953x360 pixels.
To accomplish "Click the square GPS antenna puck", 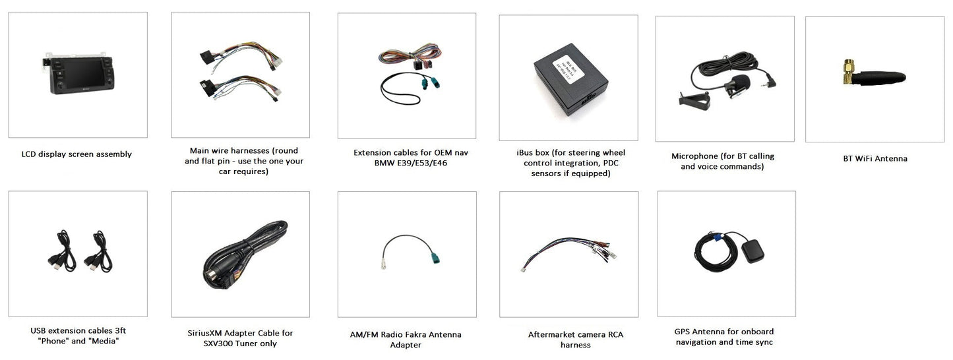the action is (x=753, y=251).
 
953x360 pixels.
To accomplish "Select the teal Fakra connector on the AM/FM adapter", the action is (x=435, y=257).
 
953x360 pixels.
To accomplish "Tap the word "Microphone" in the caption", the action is (x=694, y=156).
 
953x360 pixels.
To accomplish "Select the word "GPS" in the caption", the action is (x=682, y=332).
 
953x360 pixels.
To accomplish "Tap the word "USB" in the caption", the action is (x=38, y=330).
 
